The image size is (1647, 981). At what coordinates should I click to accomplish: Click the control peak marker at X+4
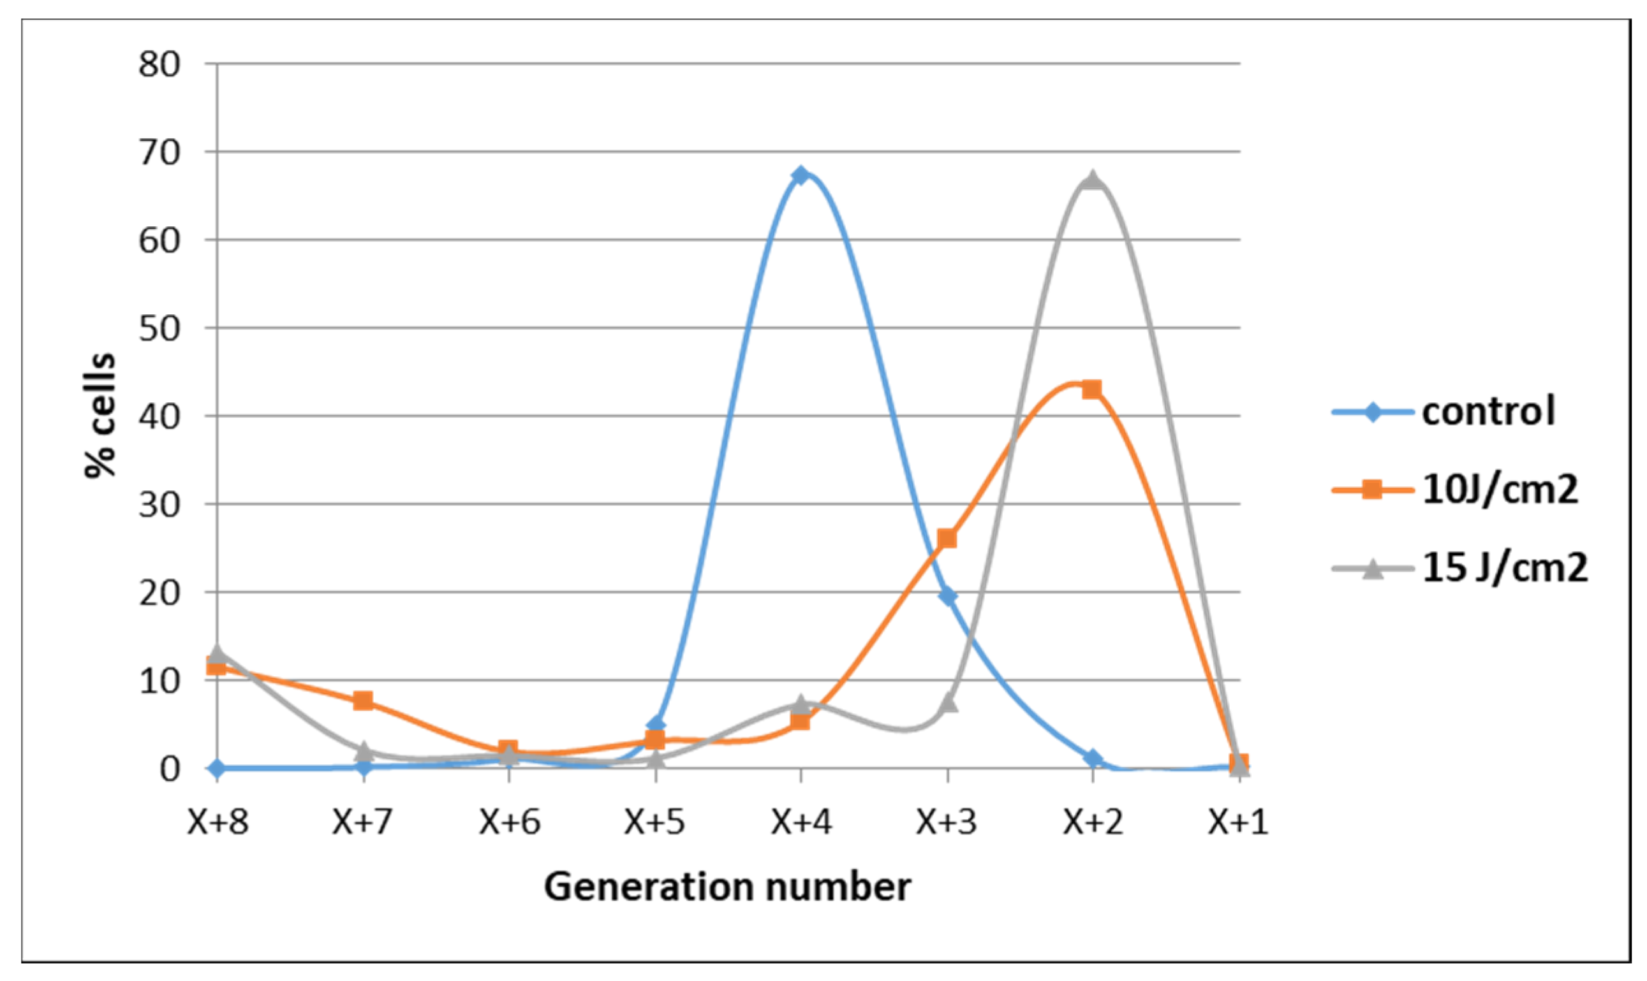[801, 175]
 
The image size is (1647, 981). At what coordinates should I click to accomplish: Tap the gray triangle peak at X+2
[1093, 180]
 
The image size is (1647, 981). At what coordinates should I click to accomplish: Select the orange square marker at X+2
[1093, 389]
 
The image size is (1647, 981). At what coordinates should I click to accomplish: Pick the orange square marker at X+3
[947, 539]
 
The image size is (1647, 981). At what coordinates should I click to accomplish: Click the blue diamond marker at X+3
[947, 595]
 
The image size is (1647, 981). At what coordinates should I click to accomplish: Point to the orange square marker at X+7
[363, 701]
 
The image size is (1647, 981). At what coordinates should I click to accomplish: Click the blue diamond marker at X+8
[217, 768]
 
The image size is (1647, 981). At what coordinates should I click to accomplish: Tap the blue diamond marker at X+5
[656, 725]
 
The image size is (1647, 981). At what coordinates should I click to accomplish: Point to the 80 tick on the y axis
[159, 65]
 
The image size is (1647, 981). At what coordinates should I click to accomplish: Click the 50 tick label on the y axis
[159, 328]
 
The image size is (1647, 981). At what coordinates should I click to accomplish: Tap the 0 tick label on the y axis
[169, 769]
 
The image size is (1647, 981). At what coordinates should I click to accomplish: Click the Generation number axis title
[727, 887]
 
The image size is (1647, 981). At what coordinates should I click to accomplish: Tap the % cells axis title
[101, 415]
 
